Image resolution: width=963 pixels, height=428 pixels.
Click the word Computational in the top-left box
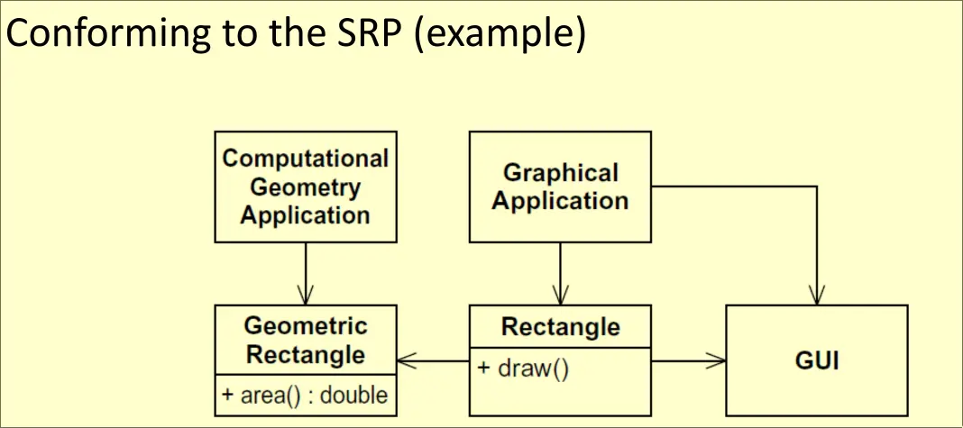(x=306, y=159)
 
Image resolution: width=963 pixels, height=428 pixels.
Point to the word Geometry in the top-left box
(x=306, y=187)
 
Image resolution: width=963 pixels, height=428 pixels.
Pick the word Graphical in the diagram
(x=560, y=172)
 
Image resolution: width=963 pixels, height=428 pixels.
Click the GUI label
(x=817, y=362)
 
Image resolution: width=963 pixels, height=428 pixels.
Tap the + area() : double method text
(x=305, y=396)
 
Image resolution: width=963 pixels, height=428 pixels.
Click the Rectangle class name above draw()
(x=560, y=326)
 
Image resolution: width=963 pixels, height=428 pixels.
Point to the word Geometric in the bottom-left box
(x=306, y=325)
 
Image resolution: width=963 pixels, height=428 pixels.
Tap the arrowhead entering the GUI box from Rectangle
(x=719, y=362)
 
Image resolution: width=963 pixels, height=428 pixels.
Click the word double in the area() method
(x=358, y=396)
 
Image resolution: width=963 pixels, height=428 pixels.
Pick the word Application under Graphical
(x=560, y=200)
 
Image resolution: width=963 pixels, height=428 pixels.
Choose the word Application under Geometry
(x=306, y=215)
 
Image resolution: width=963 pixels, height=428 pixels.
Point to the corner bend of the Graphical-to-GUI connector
(x=817, y=187)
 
